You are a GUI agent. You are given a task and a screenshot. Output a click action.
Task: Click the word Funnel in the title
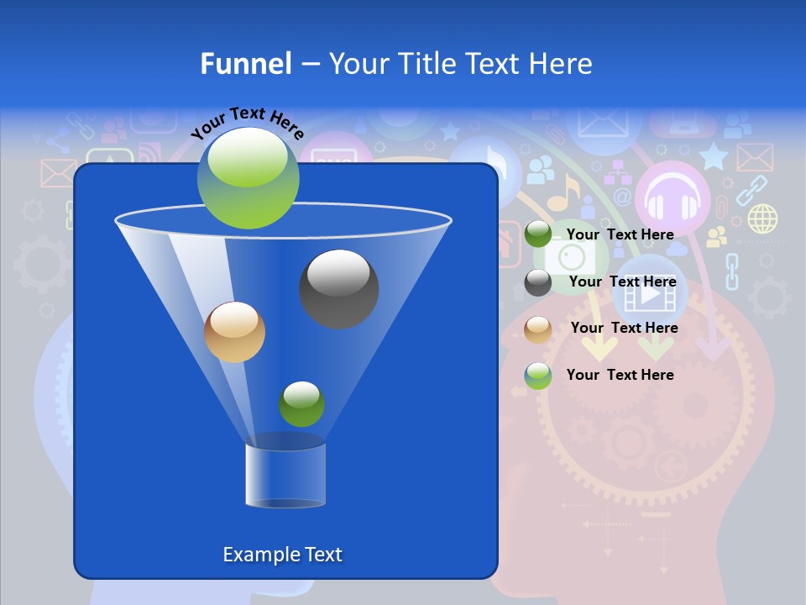(245, 64)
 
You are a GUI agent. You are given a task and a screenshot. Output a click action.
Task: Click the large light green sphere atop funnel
(248, 177)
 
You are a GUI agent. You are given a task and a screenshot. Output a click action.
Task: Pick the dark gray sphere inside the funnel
(338, 288)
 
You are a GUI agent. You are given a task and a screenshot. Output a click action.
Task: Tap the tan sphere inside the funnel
(234, 332)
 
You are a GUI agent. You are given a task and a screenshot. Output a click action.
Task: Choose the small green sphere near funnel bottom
(301, 403)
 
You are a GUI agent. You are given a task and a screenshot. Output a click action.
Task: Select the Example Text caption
(282, 555)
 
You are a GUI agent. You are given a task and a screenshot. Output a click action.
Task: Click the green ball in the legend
(538, 235)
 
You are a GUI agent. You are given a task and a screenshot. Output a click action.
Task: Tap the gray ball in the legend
(538, 282)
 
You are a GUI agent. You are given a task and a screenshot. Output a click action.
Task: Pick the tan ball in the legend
(538, 329)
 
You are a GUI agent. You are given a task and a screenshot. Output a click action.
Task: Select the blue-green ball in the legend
(538, 376)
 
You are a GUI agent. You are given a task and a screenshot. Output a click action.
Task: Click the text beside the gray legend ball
(622, 281)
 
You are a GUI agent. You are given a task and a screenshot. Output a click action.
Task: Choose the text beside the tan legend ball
(624, 328)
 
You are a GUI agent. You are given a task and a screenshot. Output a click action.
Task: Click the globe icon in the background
(762, 218)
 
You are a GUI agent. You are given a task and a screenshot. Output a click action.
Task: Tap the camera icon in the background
(570, 255)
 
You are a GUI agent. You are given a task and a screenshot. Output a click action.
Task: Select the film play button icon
(651, 296)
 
